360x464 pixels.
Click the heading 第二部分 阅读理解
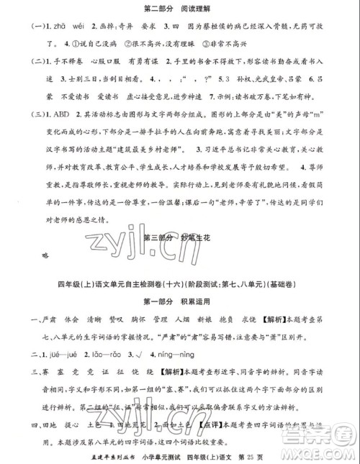tap(180, 9)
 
